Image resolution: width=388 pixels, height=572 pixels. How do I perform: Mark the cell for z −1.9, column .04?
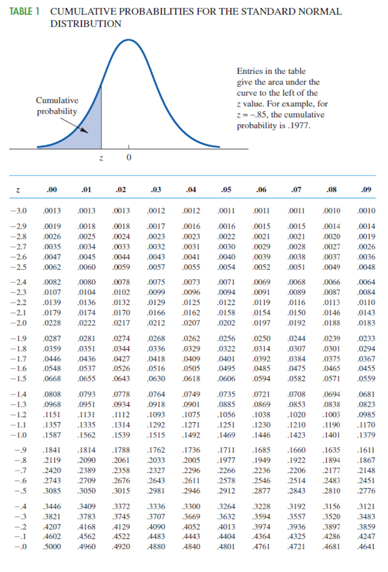(x=191, y=338)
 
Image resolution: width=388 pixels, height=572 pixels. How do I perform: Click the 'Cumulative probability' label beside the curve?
(x=57, y=106)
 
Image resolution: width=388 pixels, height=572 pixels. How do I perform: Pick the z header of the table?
(x=18, y=190)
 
